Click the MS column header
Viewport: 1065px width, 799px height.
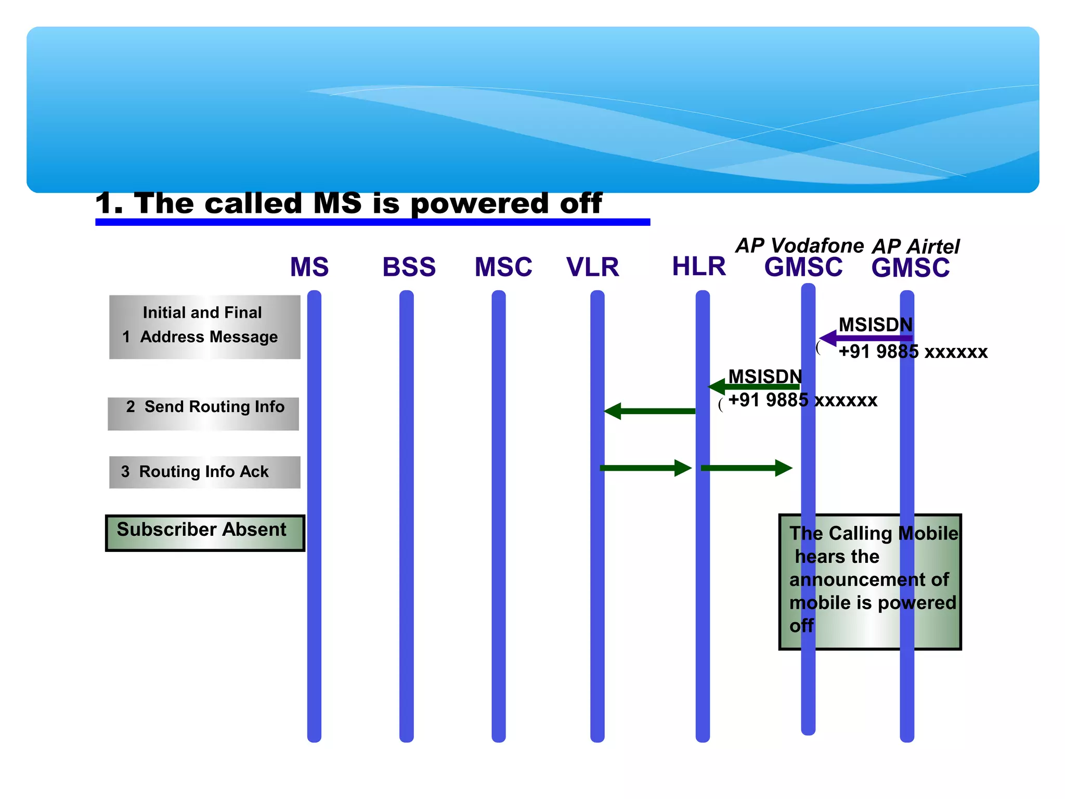(x=309, y=267)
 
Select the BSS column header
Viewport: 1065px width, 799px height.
(x=409, y=267)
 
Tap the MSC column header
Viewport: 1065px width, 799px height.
(x=503, y=267)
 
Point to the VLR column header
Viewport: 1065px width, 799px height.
(x=593, y=267)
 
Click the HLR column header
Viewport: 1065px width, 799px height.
(x=698, y=266)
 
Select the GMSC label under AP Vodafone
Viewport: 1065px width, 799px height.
(x=803, y=267)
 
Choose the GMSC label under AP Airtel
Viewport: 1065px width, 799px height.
(x=910, y=268)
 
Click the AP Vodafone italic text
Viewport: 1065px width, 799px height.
(x=799, y=246)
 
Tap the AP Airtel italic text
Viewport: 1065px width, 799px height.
(x=916, y=246)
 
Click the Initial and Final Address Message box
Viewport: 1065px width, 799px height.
(x=204, y=327)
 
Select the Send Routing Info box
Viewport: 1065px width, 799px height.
(x=203, y=414)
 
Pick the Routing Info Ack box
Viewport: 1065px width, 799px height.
(x=204, y=472)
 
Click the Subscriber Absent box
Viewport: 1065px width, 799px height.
(x=205, y=533)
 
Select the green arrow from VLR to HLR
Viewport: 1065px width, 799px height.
(x=645, y=468)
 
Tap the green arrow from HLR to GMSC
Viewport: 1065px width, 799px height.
(x=746, y=468)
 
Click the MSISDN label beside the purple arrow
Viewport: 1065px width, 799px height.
(x=875, y=325)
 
